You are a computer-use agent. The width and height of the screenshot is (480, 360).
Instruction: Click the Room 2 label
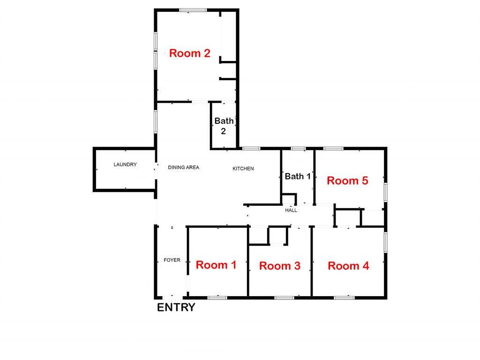189,53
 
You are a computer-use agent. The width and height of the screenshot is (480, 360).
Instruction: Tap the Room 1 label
216,265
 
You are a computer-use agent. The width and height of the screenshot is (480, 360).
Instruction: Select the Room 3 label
279,266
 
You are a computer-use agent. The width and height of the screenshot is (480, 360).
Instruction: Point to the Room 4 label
348,266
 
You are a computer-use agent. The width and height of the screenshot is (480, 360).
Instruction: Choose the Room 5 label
347,180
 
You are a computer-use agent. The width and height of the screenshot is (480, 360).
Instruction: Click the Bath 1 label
298,176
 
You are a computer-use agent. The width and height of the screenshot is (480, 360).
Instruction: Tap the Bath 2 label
224,126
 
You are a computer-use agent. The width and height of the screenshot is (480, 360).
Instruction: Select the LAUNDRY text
125,165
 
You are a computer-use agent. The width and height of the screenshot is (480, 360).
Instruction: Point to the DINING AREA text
184,167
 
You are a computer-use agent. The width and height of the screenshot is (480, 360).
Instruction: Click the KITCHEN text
243,168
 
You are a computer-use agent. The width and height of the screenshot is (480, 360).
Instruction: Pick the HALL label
291,210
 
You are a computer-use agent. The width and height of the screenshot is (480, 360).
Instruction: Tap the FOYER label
172,260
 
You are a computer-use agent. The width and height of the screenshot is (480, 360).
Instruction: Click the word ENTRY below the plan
176,307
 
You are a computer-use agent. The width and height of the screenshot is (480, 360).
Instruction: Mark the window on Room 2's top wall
193,9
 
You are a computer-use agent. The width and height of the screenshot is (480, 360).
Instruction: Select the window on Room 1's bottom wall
217,297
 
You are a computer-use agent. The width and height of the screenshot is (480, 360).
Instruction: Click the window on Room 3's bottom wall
284,297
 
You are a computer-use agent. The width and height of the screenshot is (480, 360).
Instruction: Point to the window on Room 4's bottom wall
344,297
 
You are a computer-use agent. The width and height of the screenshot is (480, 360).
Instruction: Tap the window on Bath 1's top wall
298,149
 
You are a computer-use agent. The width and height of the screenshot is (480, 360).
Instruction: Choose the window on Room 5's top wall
333,149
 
